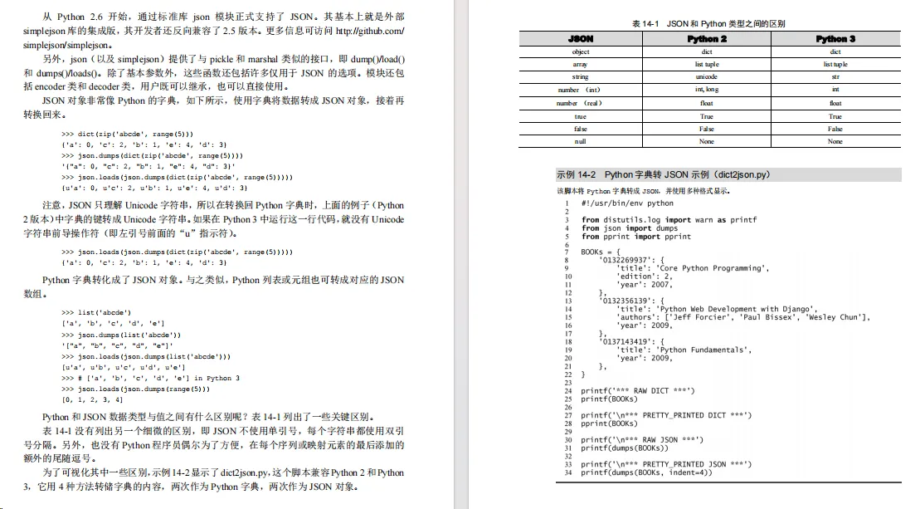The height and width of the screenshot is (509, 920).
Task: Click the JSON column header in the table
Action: point(581,39)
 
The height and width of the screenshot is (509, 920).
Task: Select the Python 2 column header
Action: point(707,39)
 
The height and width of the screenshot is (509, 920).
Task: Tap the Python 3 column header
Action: point(835,39)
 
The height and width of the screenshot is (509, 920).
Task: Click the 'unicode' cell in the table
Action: point(707,77)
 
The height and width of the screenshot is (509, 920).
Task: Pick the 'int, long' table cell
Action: point(707,90)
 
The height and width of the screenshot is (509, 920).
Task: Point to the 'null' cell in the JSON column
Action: point(581,142)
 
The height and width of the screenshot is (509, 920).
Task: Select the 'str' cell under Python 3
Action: point(835,77)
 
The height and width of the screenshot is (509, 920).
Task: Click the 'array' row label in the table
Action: point(581,65)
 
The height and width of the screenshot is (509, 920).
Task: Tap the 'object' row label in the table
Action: point(581,51)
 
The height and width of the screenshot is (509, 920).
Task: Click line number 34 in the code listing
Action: point(568,472)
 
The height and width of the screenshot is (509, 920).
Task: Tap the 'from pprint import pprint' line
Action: point(635,236)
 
